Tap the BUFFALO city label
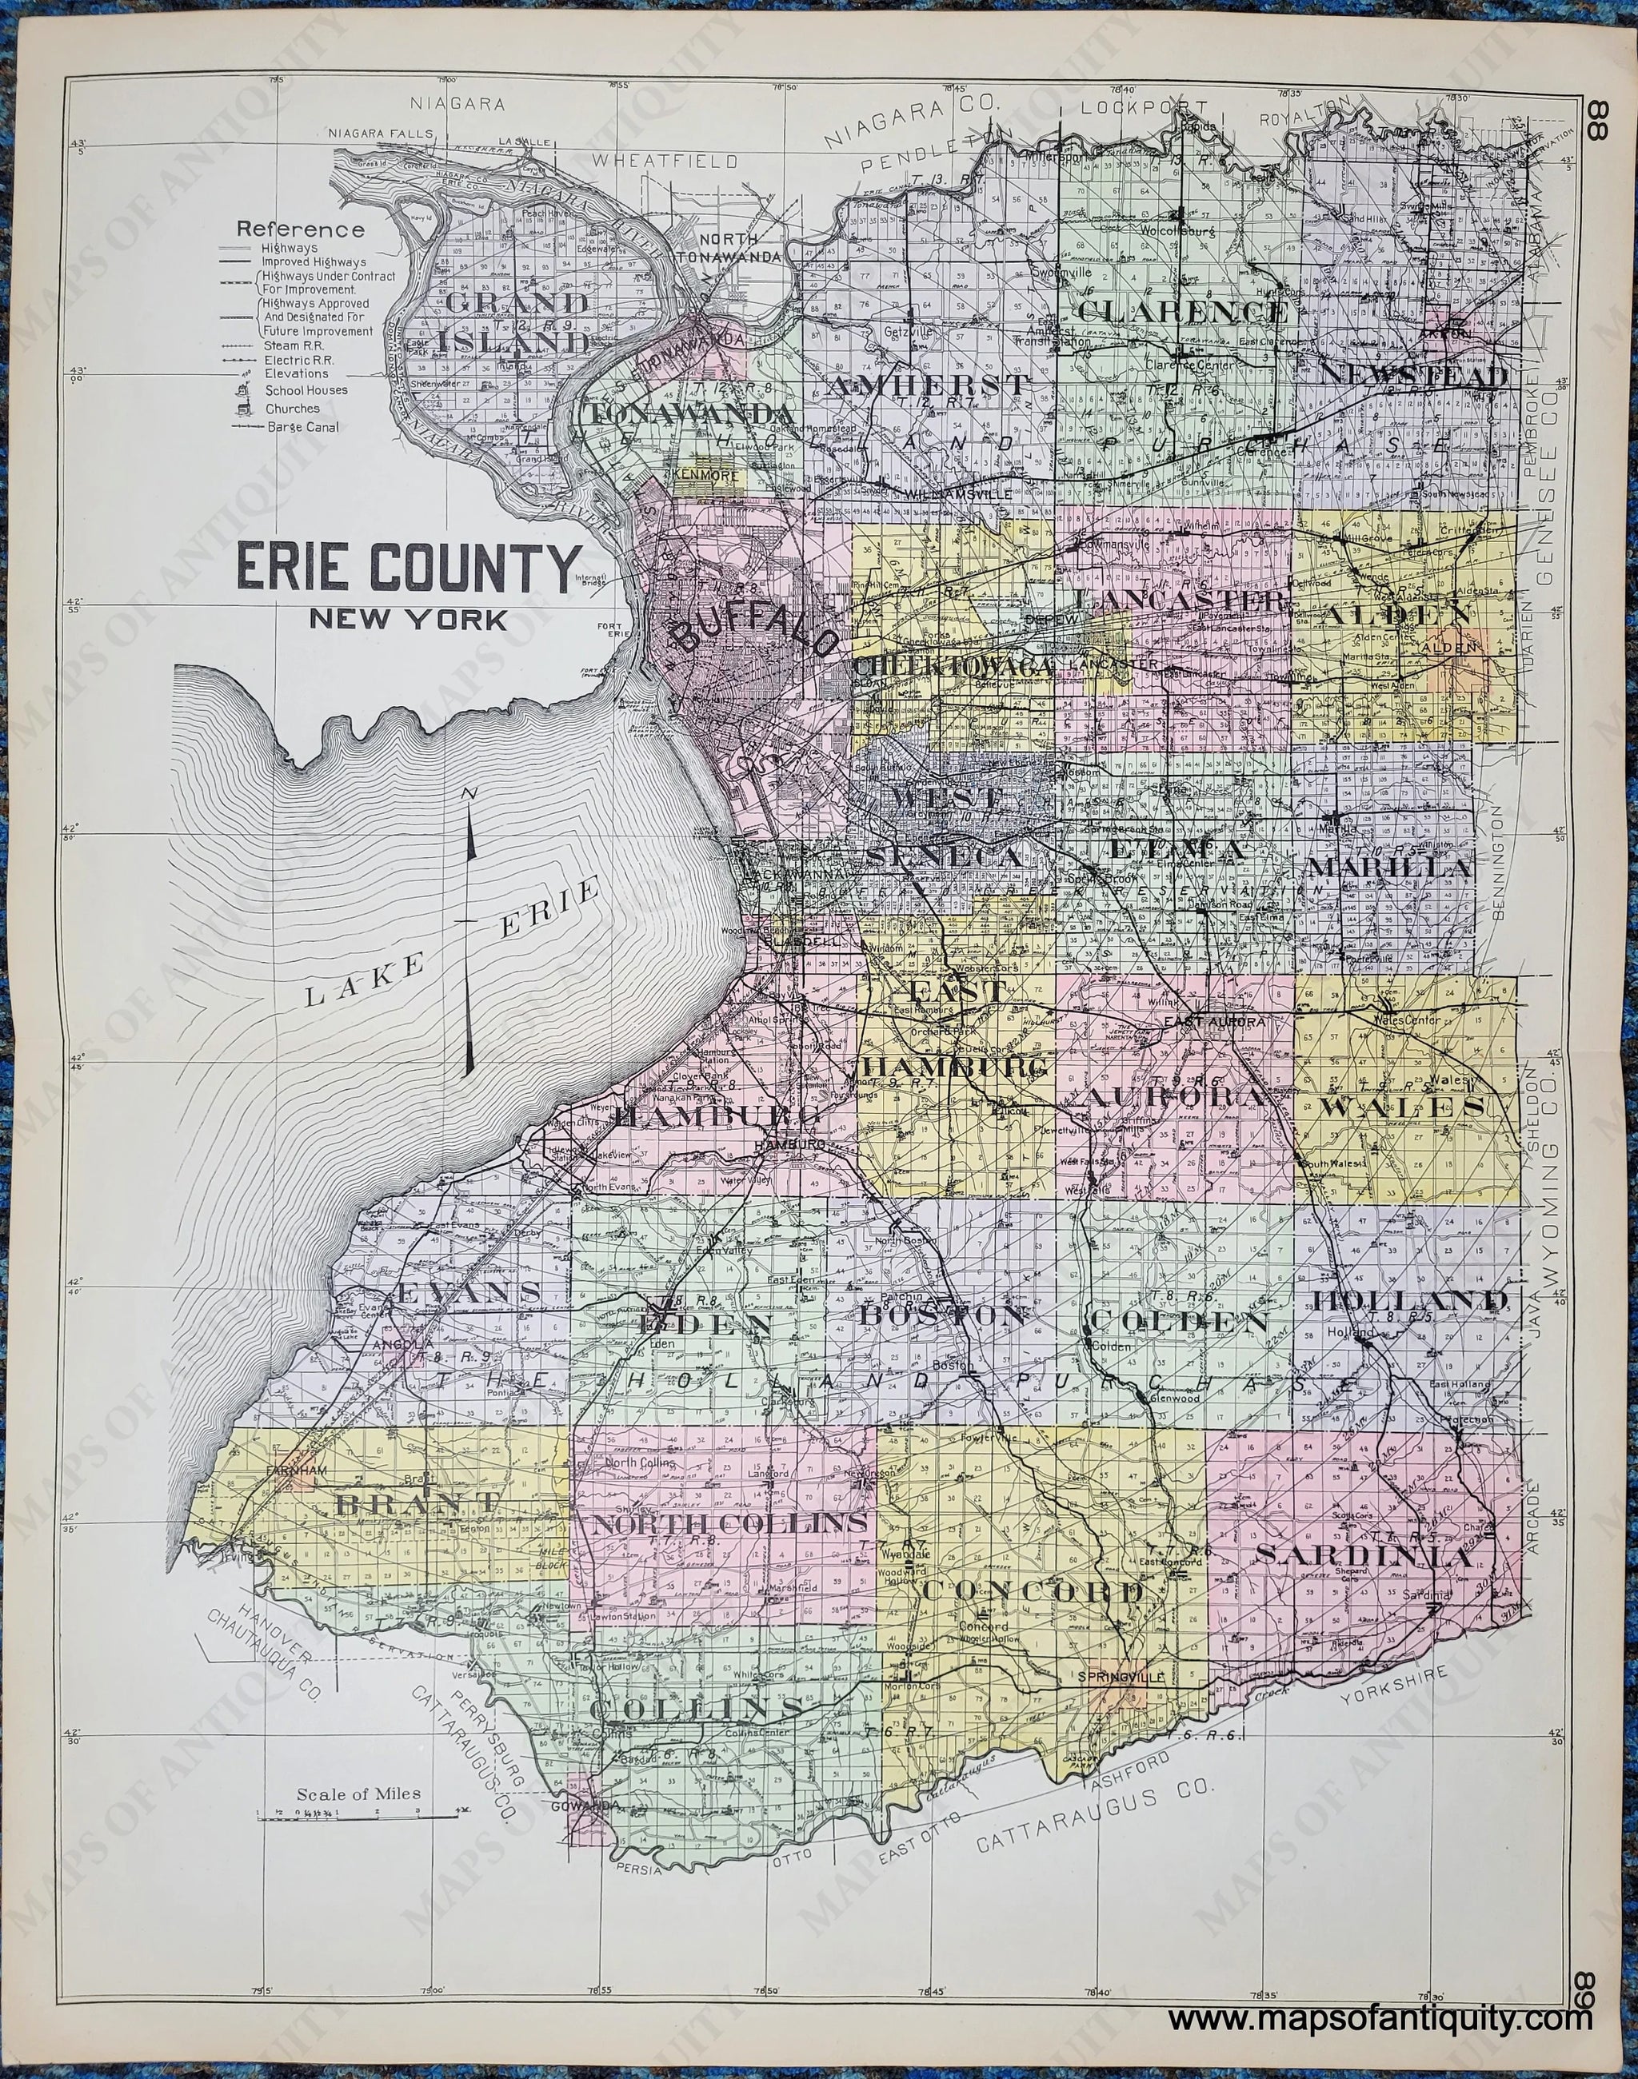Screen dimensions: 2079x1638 743,636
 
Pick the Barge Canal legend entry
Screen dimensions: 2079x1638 303,427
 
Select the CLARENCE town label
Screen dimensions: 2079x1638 1181,312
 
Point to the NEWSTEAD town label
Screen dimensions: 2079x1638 1412,375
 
